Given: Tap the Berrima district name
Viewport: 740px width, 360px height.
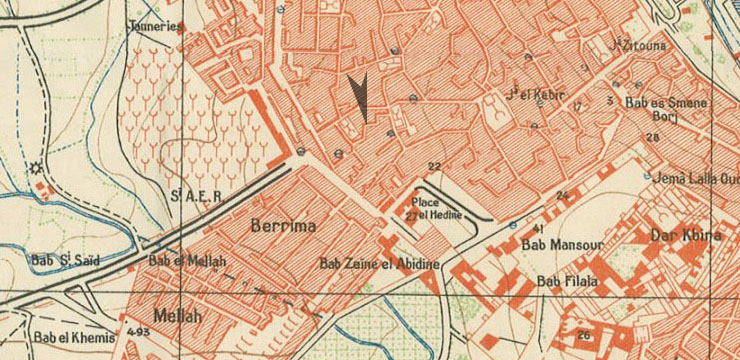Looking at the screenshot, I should tap(282, 226).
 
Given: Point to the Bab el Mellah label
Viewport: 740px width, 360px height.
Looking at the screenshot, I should tap(188, 261).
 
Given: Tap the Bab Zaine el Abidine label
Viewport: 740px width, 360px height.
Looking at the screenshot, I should tap(378, 264).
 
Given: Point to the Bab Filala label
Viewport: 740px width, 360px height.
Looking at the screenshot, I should tap(566, 281).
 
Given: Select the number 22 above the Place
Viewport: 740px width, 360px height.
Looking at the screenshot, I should tap(434, 166).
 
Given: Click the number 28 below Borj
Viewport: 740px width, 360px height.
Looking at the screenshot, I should tap(652, 137).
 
